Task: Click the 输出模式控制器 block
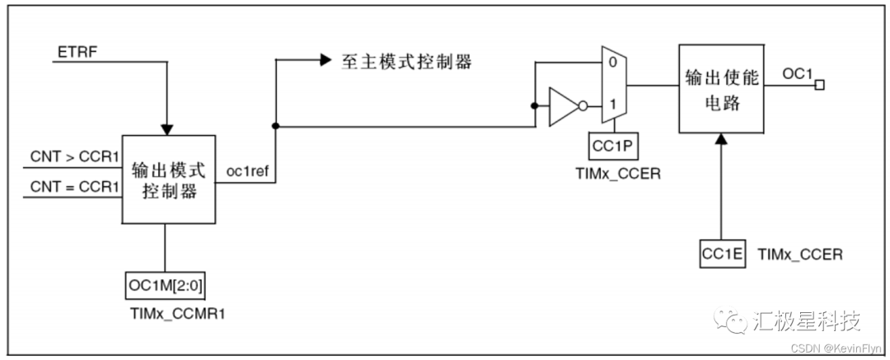tap(168, 180)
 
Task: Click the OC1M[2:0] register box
tap(166, 285)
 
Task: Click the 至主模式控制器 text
tap(407, 63)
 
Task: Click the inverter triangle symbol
tap(564, 106)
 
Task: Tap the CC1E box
tap(723, 253)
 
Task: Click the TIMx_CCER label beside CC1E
tap(799, 254)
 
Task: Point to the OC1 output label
tap(797, 74)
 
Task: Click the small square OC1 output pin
tap(819, 84)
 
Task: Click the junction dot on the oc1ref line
tap(274, 127)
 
